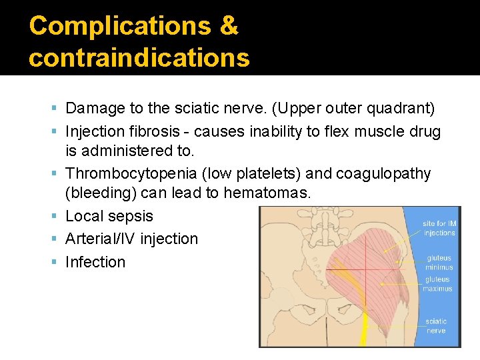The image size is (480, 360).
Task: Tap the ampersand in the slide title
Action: point(229,26)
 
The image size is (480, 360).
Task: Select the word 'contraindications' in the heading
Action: point(139,58)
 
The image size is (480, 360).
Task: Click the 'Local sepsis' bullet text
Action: point(109,216)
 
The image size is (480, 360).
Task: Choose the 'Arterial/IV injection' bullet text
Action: point(131,239)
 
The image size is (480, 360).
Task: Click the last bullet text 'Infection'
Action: point(95,262)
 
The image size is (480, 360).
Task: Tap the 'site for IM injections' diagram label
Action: point(439,228)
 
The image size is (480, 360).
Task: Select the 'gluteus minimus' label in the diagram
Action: point(439,263)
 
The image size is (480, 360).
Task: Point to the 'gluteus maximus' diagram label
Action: point(437,284)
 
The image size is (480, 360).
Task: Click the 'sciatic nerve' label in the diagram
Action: point(437,326)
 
